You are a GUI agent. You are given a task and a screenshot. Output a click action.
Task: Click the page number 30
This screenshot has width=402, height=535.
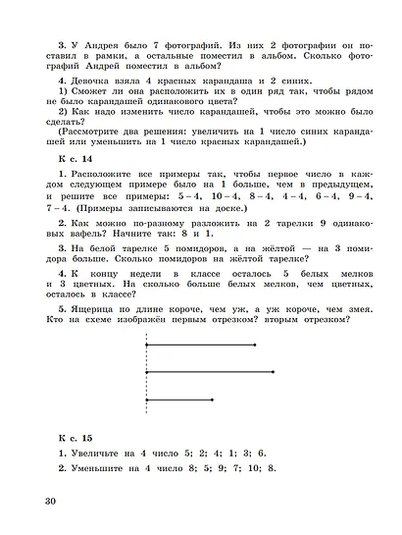click(51, 504)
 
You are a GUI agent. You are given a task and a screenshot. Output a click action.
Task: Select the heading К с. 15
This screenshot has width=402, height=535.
click(73, 435)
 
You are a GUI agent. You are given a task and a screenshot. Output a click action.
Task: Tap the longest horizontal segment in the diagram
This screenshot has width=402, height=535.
click(209, 372)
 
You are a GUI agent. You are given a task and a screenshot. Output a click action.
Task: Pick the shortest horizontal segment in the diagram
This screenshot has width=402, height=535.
click(179, 400)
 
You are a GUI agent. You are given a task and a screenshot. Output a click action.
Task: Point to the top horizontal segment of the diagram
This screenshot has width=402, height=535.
click(200, 345)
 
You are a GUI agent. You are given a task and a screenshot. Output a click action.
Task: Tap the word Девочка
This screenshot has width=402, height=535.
click(91, 81)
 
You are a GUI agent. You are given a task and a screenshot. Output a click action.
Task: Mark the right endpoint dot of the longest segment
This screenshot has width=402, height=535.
click(274, 372)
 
